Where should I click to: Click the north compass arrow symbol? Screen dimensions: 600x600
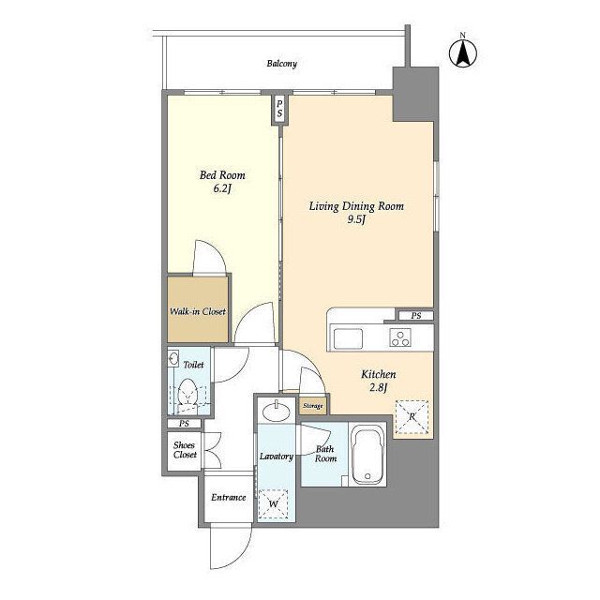[463, 52]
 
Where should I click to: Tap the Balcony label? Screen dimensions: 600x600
[281, 64]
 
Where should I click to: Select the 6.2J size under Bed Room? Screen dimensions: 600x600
[222, 188]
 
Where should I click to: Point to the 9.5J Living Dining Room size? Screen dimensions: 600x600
[356, 219]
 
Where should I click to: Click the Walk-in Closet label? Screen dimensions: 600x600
[198, 311]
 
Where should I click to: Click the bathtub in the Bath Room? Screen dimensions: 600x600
[367, 456]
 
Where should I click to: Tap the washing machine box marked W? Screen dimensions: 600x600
[273, 503]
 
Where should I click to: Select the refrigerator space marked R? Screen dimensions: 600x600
[412, 417]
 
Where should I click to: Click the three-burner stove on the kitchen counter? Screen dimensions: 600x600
[400, 337]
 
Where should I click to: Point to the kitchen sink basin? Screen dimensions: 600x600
[348, 338]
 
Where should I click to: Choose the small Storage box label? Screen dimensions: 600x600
[312, 406]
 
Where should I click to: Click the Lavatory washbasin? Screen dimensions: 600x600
[276, 412]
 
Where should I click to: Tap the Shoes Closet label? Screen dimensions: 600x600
[185, 450]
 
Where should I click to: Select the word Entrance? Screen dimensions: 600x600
[229, 498]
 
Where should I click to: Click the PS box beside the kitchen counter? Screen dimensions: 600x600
[416, 316]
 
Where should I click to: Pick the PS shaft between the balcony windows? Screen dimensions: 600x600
[279, 109]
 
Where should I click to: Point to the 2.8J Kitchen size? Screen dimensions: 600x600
[379, 388]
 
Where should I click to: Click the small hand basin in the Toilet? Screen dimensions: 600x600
[172, 359]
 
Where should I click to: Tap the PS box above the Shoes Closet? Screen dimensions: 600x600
[184, 424]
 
